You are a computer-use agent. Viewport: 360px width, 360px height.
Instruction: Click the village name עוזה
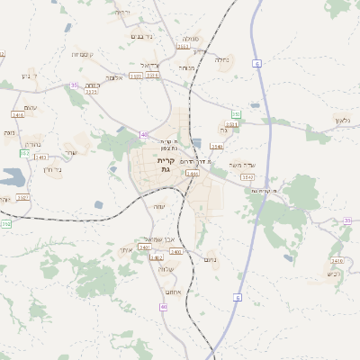pyautogui.click(x=159, y=206)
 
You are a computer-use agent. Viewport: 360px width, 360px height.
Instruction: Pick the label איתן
pyautogui.click(x=126, y=249)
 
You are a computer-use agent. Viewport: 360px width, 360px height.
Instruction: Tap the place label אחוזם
pyautogui.click(x=173, y=292)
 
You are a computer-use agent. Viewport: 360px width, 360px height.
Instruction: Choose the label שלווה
pyautogui.click(x=166, y=269)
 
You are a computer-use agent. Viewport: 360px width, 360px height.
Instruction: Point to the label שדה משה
pyautogui.click(x=244, y=165)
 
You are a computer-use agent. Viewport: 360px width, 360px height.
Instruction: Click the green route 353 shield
pyautogui.click(x=236, y=114)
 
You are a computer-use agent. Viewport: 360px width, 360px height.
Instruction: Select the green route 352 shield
pyautogui.click(x=24, y=154)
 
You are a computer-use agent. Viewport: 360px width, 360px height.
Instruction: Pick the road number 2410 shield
pyautogui.click(x=337, y=259)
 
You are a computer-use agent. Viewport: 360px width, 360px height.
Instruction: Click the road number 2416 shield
pyautogui.click(x=18, y=115)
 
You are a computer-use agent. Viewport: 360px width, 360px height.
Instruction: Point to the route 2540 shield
pyautogui.click(x=216, y=145)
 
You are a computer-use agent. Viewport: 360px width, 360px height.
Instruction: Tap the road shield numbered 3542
pyautogui.click(x=247, y=177)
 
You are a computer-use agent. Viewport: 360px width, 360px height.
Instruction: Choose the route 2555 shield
pyautogui.click(x=91, y=91)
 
